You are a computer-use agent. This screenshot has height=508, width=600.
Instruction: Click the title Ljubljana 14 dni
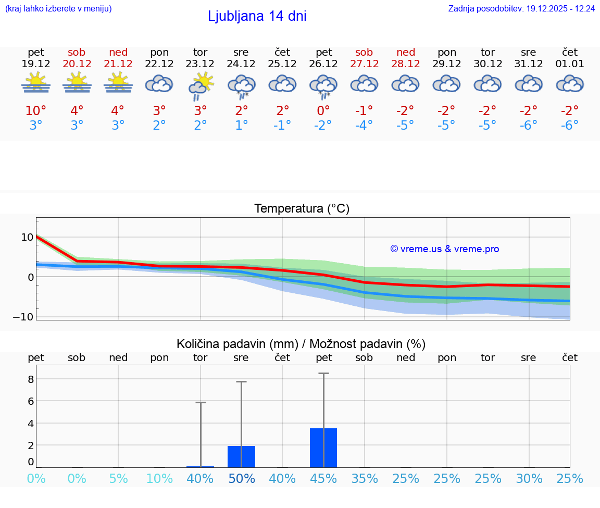[x=257, y=16]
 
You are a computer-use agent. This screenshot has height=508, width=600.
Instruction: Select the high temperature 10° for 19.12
[x=36, y=110]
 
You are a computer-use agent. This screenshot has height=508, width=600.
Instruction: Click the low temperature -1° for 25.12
[x=282, y=125]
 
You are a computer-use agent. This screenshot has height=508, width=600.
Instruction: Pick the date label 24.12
[x=241, y=64]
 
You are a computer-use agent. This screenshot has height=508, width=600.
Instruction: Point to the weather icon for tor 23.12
[x=201, y=86]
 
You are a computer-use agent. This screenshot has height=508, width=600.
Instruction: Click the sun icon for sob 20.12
[x=77, y=83]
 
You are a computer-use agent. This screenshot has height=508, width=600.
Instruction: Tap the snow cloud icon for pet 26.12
[x=323, y=86]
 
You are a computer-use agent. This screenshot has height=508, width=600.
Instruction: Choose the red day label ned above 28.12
[x=406, y=52]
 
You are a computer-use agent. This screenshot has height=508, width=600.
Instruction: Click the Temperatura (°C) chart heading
[x=302, y=208]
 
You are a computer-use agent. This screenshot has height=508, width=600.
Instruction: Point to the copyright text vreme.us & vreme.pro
[x=444, y=249]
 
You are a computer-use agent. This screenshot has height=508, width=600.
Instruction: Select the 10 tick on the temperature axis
[x=27, y=237]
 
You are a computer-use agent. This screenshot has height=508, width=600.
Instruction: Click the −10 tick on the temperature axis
[x=23, y=317]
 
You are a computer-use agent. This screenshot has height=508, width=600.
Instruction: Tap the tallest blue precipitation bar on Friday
[x=323, y=448]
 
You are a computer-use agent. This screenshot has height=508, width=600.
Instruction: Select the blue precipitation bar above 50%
[x=241, y=457]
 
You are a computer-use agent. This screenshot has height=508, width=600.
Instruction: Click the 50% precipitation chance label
[x=241, y=478]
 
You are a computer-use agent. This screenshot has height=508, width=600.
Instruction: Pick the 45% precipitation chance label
[x=323, y=478]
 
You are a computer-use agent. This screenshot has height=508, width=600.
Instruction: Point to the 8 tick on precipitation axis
[x=31, y=379]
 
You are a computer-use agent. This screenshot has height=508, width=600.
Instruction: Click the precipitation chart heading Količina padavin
[x=301, y=344]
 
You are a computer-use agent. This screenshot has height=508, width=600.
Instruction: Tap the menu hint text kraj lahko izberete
[x=58, y=8]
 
